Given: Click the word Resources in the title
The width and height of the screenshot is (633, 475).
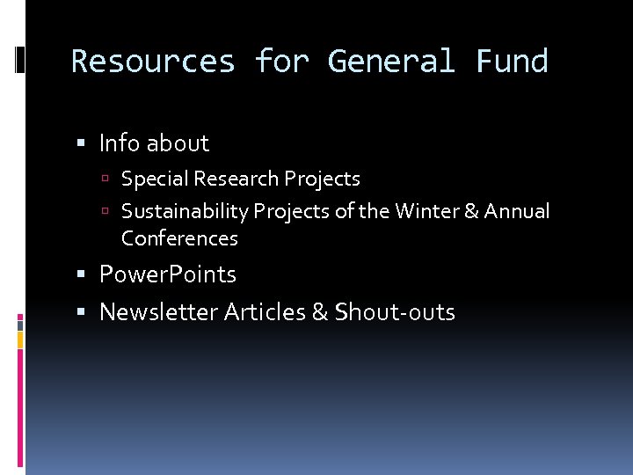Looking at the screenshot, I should click(153, 62).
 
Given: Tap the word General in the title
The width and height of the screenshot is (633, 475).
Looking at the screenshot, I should click(391, 62).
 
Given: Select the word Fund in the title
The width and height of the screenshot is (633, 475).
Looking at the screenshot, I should click(512, 62).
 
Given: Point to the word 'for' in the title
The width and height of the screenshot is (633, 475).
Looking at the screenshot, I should click(281, 62).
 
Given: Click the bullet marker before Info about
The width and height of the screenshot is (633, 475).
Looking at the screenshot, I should click(82, 143).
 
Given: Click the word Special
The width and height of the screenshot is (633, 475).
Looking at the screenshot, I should click(155, 179).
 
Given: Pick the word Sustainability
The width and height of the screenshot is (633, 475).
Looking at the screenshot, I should click(185, 211).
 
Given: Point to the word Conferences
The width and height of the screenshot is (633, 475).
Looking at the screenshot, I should click(179, 238).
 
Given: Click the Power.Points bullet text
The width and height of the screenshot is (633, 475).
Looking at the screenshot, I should click(168, 274).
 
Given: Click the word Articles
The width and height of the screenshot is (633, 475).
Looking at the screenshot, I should click(265, 311).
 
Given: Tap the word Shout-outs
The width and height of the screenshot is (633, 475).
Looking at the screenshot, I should click(395, 311).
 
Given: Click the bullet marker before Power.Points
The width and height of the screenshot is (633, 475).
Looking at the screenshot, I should click(82, 275).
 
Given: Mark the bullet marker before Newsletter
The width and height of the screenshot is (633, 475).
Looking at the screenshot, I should click(82, 312).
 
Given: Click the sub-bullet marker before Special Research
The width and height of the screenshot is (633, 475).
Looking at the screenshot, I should click(105, 179).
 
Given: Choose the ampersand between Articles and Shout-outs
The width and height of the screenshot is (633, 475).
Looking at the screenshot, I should click(319, 311).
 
